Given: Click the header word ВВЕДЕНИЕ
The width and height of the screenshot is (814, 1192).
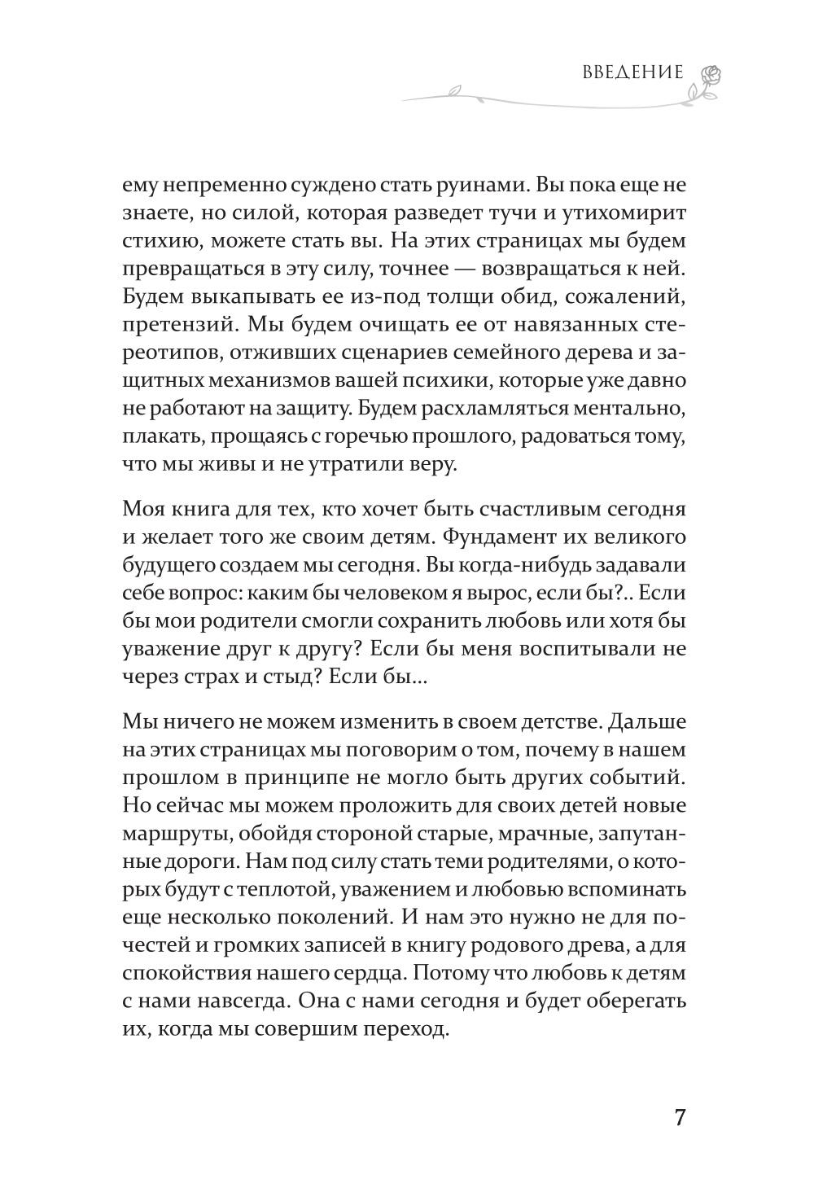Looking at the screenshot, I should point(632,72).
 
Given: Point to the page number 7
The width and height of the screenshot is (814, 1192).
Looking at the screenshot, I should point(680,1116).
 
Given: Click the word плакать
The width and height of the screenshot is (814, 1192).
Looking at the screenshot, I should point(160,436).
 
